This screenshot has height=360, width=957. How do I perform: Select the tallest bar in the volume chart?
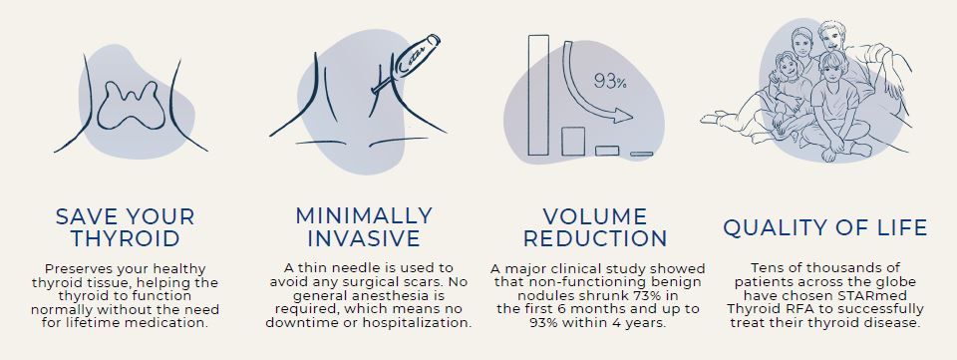(539, 95)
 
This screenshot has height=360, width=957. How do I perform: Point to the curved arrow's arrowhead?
(625, 117)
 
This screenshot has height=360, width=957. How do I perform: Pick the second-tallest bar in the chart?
(572, 141)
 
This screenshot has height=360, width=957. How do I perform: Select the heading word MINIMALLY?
(364, 215)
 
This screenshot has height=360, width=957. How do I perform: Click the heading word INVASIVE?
(364, 239)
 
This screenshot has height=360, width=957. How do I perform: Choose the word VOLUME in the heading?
(595, 216)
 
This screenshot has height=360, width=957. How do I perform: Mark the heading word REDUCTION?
(595, 239)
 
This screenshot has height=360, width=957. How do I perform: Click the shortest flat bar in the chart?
(641, 153)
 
